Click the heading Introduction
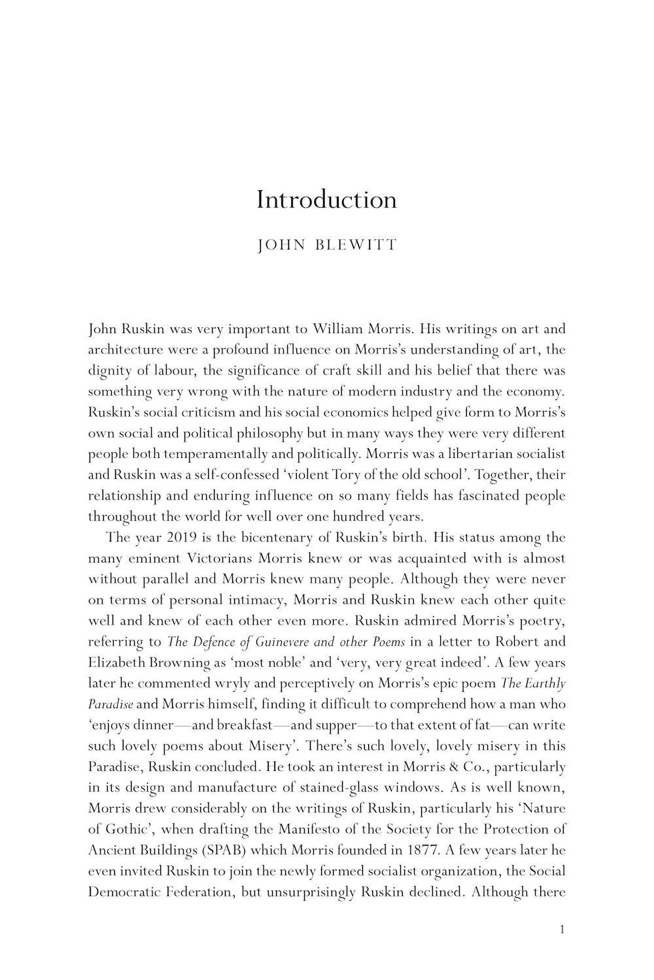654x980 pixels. point(326,199)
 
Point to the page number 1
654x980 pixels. point(562,929)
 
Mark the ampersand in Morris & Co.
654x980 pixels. point(475,767)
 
